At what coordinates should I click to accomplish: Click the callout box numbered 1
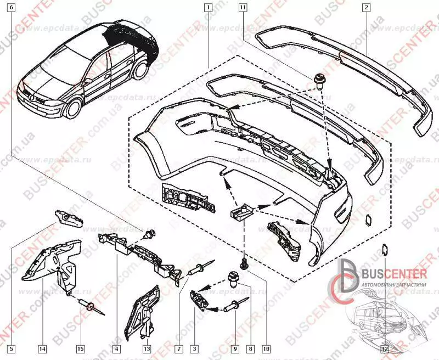207,8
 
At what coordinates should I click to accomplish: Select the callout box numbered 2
367,8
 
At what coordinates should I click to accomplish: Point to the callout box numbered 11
242,8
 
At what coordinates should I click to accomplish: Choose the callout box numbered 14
42,348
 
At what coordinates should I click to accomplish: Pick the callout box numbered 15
81,348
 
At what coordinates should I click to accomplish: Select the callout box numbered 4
117,348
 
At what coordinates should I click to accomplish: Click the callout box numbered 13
147,348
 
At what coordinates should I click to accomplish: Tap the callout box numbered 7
179,348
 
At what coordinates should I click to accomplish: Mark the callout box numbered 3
194,348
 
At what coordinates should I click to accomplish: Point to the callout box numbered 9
235,348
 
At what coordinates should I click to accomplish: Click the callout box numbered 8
250,348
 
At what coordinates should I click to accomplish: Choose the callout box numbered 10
266,348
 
